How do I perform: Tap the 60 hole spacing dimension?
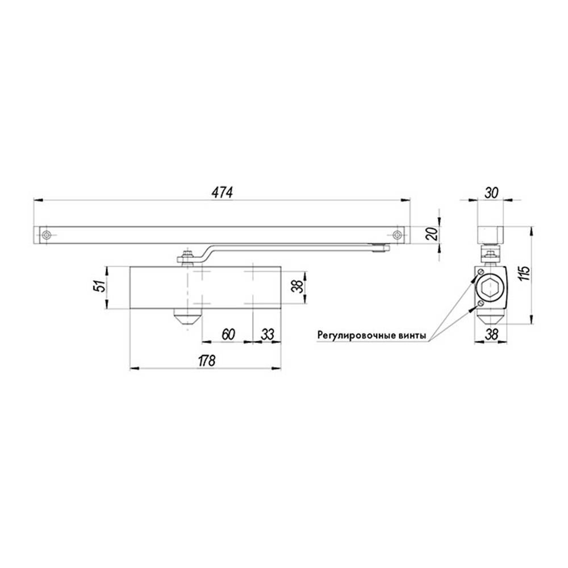tap(226, 335)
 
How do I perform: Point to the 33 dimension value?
tap(266, 335)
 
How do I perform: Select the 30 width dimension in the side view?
tap(491, 192)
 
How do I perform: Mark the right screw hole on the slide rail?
tap(397, 236)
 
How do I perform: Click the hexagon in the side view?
tap(490, 291)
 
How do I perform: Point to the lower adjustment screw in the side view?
tap(481, 307)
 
